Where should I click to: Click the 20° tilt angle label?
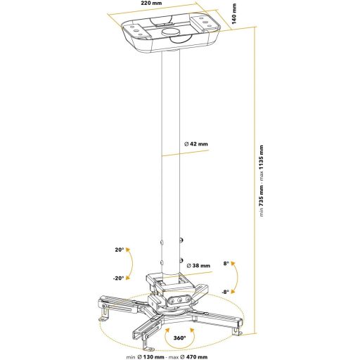point(120,250)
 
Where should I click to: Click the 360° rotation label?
point(180,338)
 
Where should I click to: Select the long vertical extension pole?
point(171,155)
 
